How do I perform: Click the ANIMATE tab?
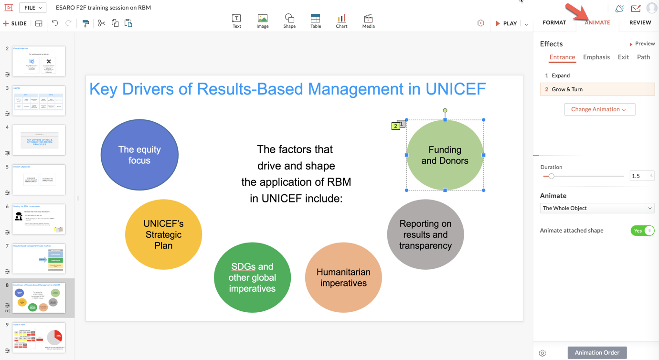click(x=597, y=22)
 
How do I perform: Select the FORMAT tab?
click(x=554, y=22)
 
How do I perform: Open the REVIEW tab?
click(x=640, y=22)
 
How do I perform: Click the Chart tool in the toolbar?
click(x=341, y=21)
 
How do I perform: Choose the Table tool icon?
click(x=316, y=21)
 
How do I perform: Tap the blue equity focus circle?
click(x=139, y=155)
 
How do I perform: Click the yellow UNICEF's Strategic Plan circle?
click(x=163, y=234)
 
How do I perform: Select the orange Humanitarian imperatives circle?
click(x=343, y=277)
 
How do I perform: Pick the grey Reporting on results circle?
click(x=425, y=234)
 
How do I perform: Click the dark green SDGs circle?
click(x=252, y=277)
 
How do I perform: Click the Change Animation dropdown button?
click(x=599, y=109)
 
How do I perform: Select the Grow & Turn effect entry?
click(x=597, y=89)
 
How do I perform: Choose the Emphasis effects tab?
click(x=596, y=57)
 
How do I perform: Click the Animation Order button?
click(x=597, y=352)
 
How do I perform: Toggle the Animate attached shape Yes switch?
click(x=642, y=231)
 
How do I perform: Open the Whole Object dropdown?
click(x=597, y=208)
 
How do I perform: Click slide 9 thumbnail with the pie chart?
click(x=39, y=338)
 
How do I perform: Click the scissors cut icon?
click(x=101, y=23)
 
